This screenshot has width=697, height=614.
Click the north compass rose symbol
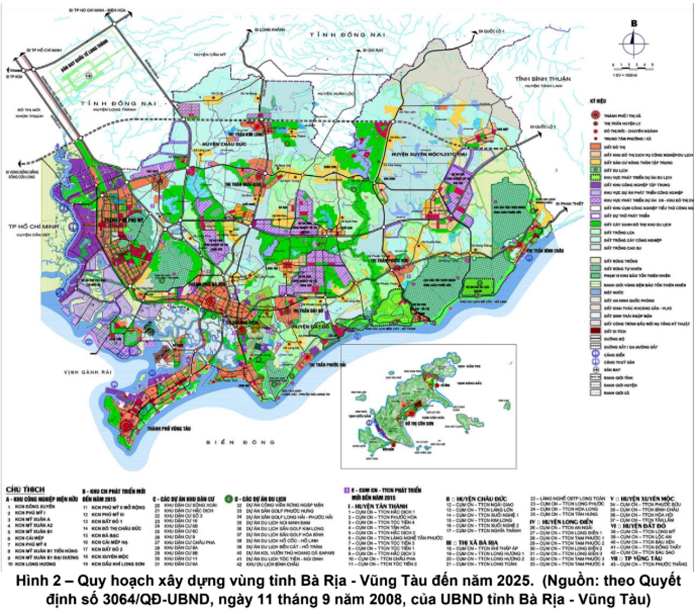pos(633,43)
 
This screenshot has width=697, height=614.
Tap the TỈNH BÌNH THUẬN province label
pos(542,79)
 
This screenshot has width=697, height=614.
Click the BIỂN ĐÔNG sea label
pos(240,442)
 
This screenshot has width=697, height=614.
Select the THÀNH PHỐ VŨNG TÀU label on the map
pos(168,428)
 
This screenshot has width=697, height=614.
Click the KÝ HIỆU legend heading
pos(598,101)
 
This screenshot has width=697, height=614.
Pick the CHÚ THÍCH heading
pos(26,489)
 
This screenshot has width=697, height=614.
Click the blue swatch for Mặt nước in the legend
pos(595,292)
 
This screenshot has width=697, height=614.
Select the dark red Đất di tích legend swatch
pos(595,331)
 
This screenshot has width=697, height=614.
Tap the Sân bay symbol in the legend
pos(595,369)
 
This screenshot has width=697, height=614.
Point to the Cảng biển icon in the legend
pos(595,354)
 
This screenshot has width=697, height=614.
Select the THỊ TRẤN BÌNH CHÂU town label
pos(545,251)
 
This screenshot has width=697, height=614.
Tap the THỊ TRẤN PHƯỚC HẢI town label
pos(328,365)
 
